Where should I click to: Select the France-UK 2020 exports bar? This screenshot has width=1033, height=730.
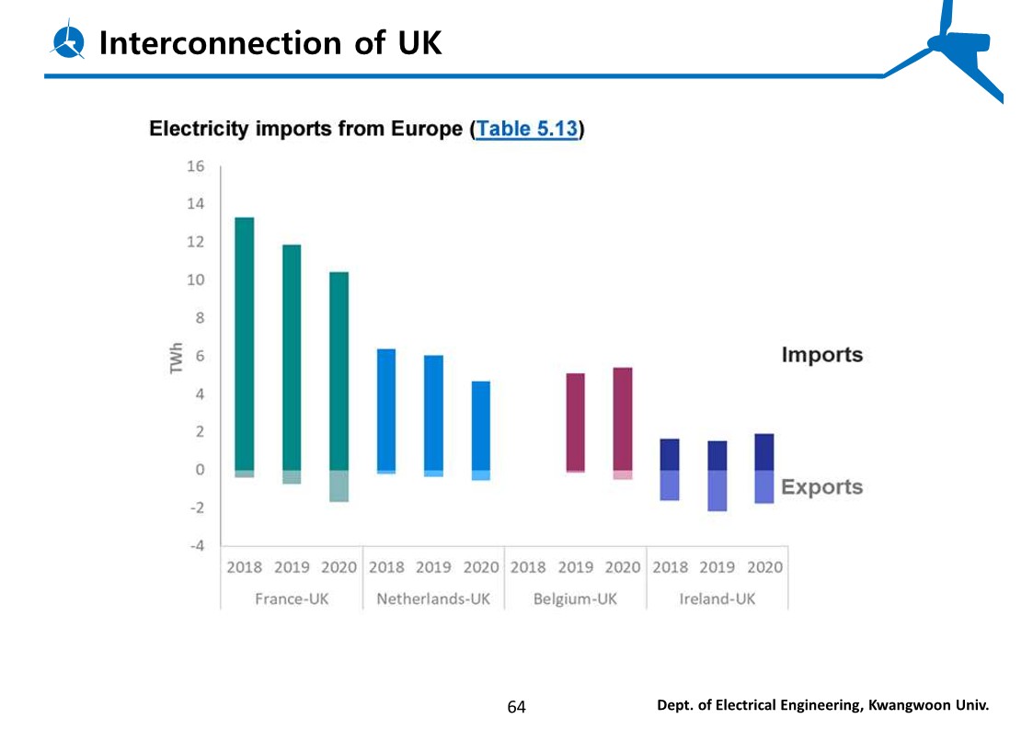tap(339, 485)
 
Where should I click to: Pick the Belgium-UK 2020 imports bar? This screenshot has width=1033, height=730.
tap(623, 418)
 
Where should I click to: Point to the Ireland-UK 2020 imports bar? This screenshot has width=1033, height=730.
tap(763, 451)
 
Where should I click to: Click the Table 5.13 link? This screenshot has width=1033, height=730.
tap(527, 129)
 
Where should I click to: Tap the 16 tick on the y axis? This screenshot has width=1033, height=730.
tap(195, 166)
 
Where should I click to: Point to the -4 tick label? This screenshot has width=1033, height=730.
tap(196, 545)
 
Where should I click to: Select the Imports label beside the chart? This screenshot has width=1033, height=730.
tap(821, 355)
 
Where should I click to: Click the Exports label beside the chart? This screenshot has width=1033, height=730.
tap(821, 487)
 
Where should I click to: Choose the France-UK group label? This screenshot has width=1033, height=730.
tap(292, 599)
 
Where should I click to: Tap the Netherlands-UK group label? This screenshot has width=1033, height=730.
tap(433, 599)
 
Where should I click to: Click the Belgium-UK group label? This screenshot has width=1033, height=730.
tap(575, 599)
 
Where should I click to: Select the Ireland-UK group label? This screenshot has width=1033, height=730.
tap(717, 599)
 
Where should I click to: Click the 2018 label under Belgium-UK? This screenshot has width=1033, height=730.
tap(528, 567)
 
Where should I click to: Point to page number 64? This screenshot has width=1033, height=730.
tap(516, 706)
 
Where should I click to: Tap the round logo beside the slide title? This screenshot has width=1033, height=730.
tap(69, 41)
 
